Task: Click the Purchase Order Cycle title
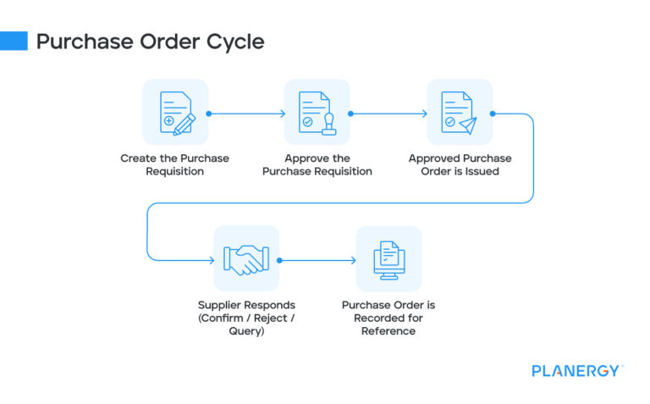coord(150,41)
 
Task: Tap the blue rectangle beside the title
coord(14,41)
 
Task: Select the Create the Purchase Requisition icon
coord(175,113)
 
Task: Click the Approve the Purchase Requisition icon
coord(317,113)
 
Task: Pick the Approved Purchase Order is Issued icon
coord(460,113)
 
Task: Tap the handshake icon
coord(246,259)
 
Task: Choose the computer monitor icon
coord(388,259)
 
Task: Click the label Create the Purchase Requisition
coord(175,164)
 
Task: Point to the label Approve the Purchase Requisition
coord(317,164)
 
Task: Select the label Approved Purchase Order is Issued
coord(460,164)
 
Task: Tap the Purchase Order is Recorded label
coord(388,318)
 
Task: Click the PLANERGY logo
coord(577,371)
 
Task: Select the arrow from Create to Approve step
coord(246,113)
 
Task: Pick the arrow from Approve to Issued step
coord(388,113)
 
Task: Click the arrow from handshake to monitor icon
coord(317,260)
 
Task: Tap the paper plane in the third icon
coord(468,124)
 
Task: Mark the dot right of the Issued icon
coord(493,113)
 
